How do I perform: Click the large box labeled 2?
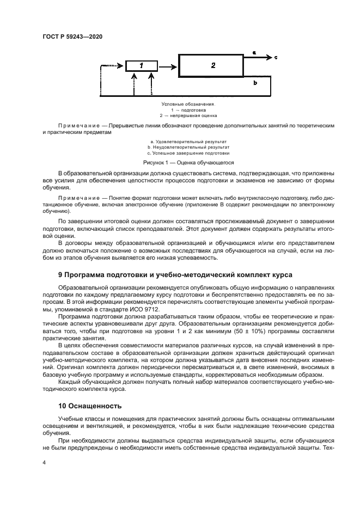point(213,66)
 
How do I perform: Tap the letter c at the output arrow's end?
point(276,57)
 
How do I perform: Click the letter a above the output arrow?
point(254,52)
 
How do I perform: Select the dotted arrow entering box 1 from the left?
point(113,66)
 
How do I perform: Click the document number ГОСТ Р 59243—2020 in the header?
point(72,36)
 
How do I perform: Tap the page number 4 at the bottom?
point(44,462)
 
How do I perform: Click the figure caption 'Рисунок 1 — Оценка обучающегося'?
point(188,162)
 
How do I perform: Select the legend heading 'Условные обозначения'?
point(188,103)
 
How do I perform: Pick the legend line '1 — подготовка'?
point(188,109)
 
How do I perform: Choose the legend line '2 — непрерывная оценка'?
point(188,115)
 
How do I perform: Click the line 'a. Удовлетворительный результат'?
point(188,142)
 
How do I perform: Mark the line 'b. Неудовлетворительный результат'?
point(188,148)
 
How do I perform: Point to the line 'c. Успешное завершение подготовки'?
point(188,154)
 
